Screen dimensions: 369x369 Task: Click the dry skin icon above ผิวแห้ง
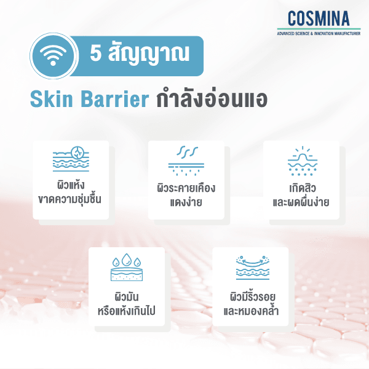point(71,160)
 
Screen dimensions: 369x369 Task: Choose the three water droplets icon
point(127,266)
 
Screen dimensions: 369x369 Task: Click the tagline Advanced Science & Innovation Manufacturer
point(319,32)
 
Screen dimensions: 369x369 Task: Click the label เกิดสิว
point(301,186)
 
